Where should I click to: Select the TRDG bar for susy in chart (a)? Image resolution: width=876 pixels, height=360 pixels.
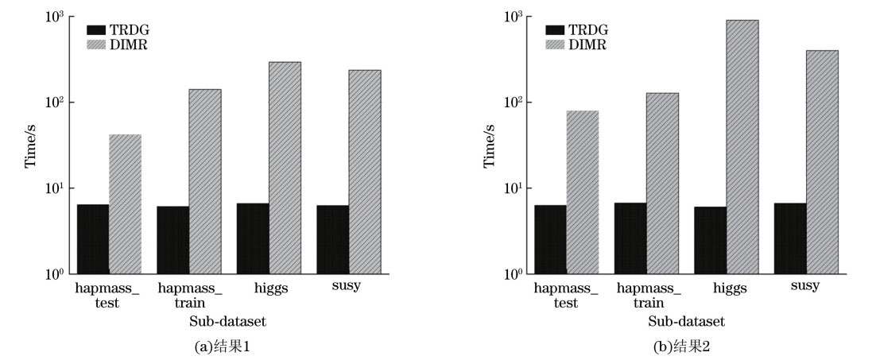332,239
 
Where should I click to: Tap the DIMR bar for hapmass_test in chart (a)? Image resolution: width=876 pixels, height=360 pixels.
125,204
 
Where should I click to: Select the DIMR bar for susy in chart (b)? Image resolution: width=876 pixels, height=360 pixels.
822,162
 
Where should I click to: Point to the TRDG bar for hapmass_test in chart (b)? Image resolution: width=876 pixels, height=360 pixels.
551,239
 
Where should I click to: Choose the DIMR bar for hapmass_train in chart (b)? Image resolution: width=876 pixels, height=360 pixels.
662,184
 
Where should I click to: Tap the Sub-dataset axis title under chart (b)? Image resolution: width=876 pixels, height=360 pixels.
686,321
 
